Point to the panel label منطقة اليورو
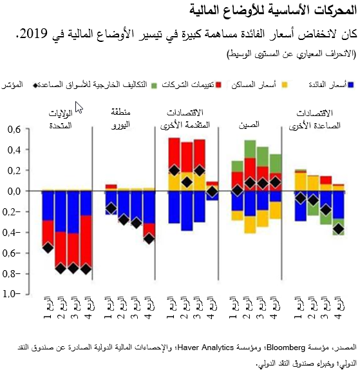[x=122, y=101]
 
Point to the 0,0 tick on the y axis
[x=12, y=191]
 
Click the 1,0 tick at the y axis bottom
[x=12, y=294]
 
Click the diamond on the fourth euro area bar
[x=149, y=239]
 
